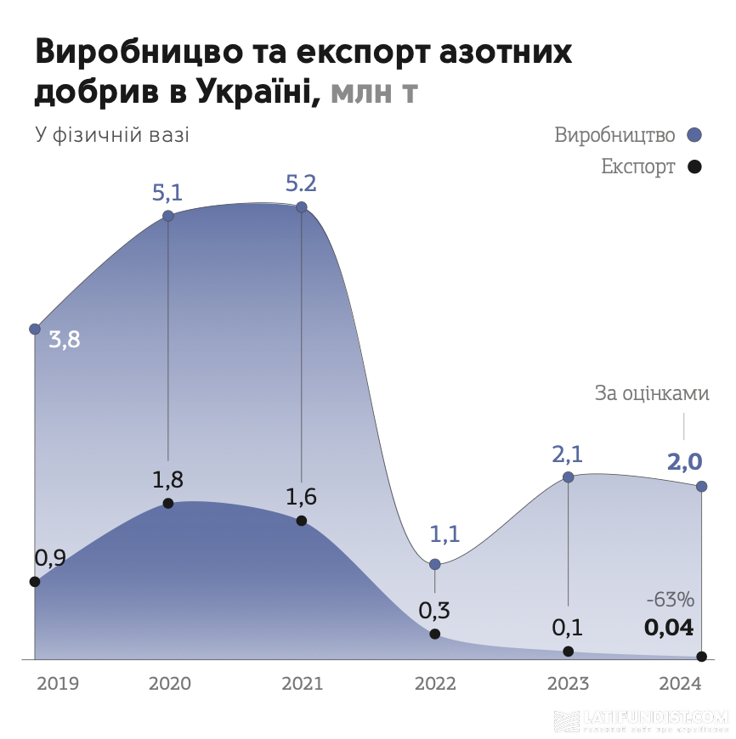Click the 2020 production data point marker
(168, 216)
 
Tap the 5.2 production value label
(302, 183)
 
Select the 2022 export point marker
(435, 634)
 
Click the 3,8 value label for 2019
(65, 341)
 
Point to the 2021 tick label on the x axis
(302, 684)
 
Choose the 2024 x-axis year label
(681, 684)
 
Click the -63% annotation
(670, 600)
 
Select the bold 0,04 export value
(669, 629)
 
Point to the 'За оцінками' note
(651, 395)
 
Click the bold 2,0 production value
(684, 463)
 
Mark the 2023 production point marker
(569, 477)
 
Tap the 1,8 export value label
(168, 480)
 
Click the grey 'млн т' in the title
(374, 91)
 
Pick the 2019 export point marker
(35, 582)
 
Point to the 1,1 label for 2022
(444, 534)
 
